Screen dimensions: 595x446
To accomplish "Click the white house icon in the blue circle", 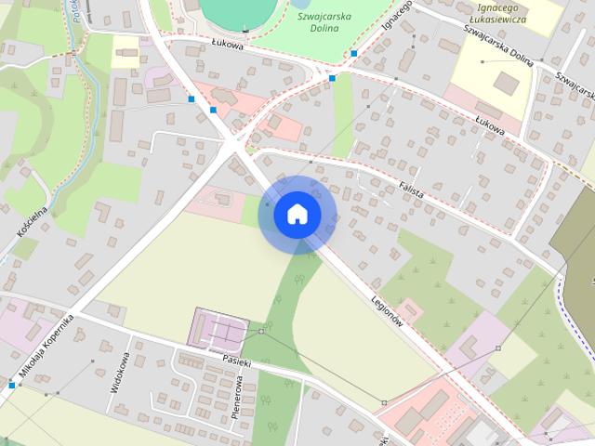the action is click(x=297, y=214).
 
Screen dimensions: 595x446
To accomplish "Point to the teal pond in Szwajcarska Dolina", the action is click(x=237, y=11).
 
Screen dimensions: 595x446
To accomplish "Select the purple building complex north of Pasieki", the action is click(x=219, y=328).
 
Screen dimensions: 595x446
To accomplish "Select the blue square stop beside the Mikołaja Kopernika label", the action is click(x=12, y=385).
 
